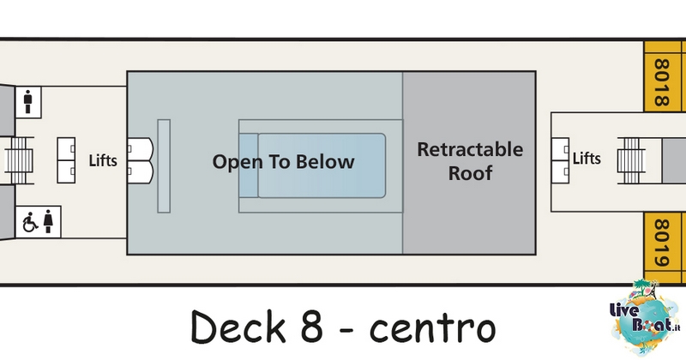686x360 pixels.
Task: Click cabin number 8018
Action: (x=661, y=83)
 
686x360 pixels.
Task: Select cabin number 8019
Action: (x=661, y=243)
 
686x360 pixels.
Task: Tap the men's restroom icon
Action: (x=28, y=102)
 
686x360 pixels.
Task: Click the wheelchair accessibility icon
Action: (x=30, y=222)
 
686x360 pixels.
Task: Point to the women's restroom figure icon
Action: (x=48, y=221)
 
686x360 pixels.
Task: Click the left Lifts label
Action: (x=103, y=160)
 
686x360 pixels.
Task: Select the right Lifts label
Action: (x=587, y=158)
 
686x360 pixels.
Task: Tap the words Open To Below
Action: (x=284, y=162)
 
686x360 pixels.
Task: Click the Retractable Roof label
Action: (x=470, y=161)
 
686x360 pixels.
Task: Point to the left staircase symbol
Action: (x=19, y=160)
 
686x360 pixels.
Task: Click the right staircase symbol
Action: (x=631, y=160)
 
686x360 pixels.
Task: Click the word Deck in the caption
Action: (x=238, y=327)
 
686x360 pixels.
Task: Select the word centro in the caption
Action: (x=433, y=328)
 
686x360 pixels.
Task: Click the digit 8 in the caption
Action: (x=311, y=327)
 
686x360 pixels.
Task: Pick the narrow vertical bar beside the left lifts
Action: (x=164, y=166)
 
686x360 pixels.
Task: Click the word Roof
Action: (x=470, y=173)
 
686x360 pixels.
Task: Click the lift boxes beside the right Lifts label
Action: (x=560, y=160)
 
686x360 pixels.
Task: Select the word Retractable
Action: (x=470, y=150)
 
